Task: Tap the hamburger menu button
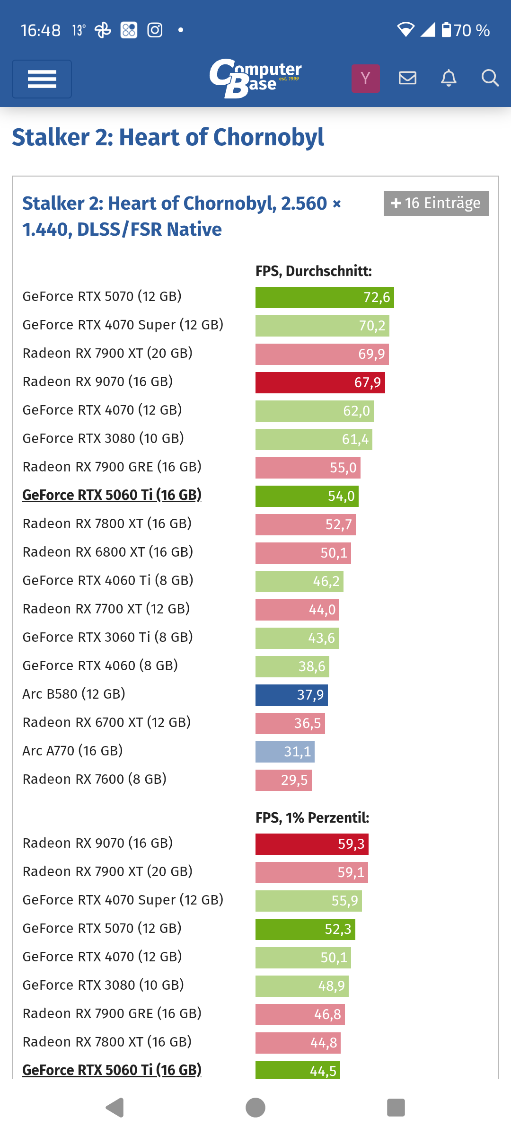[x=42, y=79]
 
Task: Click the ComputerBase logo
[x=255, y=78]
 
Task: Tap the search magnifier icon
[x=490, y=78]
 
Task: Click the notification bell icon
[x=449, y=78]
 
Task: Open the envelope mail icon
[x=407, y=78]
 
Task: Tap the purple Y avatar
[x=366, y=78]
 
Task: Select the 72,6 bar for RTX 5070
[x=325, y=297]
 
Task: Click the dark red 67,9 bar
[x=320, y=382]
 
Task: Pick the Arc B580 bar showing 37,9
[x=291, y=695]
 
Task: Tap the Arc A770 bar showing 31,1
[x=285, y=752]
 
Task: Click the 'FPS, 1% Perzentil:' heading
[x=312, y=817]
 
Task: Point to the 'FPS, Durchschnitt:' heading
[x=313, y=271]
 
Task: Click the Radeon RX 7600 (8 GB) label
[x=95, y=779]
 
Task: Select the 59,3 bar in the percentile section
[x=312, y=844]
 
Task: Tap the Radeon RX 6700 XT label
[x=106, y=722]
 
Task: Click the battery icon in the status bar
[x=446, y=30]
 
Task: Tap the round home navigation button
[x=255, y=1108]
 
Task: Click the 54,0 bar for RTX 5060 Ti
[x=307, y=496]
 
